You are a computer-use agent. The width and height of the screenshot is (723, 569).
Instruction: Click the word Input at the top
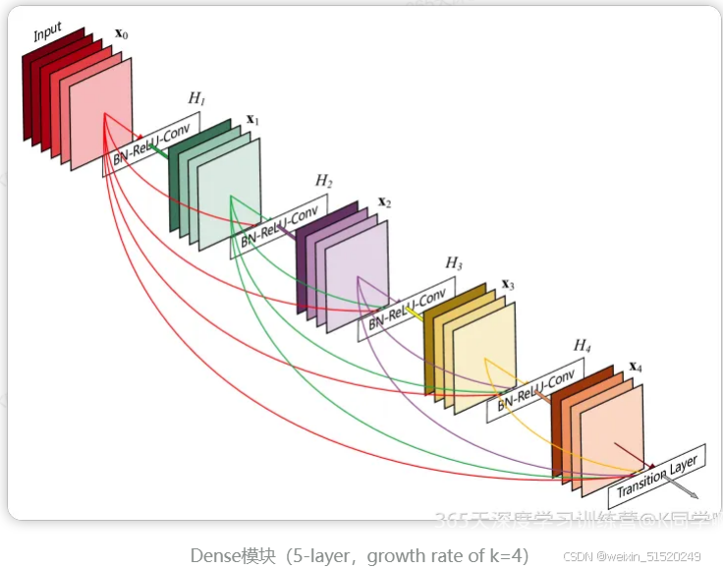pos(47,32)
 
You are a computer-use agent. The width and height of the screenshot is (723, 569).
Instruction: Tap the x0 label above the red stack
pos(122,34)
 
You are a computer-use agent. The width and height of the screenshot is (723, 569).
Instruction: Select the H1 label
pos(196,99)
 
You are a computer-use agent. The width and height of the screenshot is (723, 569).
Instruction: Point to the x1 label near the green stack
pos(252,119)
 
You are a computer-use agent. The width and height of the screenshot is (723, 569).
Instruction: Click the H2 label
pos(324,182)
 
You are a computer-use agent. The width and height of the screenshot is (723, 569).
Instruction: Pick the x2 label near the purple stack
pos(385,202)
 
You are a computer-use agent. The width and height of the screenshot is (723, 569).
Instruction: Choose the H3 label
pos(454,263)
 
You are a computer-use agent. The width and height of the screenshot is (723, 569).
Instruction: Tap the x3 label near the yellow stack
pos(508,285)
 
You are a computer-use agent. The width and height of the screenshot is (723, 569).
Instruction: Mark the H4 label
pos(583,346)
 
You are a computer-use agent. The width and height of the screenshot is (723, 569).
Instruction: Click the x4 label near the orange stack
pos(636,367)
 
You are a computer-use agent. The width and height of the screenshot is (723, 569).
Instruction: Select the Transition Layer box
pos(657,476)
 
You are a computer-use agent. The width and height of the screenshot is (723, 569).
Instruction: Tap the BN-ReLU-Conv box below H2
pos(280,226)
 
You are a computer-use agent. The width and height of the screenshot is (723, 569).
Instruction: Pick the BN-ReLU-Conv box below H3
pos(407,308)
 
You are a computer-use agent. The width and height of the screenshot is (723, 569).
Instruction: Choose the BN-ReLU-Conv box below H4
pos(535,390)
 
